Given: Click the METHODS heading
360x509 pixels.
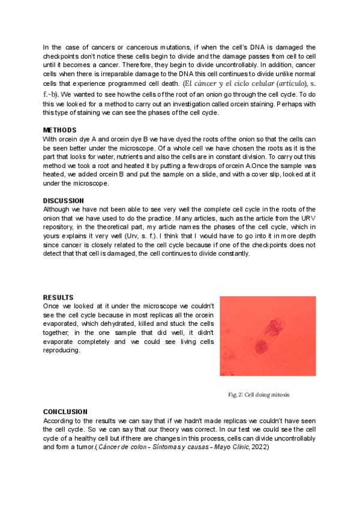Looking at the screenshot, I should tap(60, 130).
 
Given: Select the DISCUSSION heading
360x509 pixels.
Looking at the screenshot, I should tap(64, 200).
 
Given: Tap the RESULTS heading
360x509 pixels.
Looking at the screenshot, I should tap(59, 297).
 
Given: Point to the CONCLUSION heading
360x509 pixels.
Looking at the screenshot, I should tap(65, 412).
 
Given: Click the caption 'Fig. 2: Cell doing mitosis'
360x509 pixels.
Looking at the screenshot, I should tap(259, 394).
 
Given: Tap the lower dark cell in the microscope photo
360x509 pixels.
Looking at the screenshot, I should tap(262, 346).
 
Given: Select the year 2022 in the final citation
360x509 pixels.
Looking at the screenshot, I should tap(260, 448).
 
